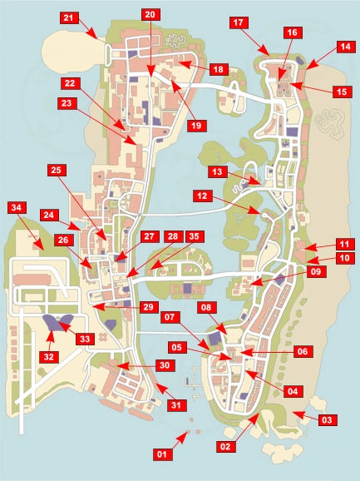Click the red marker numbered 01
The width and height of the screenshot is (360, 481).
point(162,454)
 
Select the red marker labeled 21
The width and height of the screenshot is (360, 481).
point(69,17)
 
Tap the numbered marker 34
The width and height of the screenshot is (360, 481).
point(17,206)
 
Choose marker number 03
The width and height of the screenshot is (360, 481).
point(327,420)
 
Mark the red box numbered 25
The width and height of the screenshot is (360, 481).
point(56,170)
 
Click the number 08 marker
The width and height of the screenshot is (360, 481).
point(205,306)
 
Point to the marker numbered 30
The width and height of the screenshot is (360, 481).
point(165,365)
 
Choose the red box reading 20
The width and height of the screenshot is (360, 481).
point(149,14)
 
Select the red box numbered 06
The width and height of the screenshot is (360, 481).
point(303,352)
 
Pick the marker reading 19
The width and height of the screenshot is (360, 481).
point(196,126)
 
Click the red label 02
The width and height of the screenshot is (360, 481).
point(223,446)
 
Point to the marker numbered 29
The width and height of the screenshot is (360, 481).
point(148,307)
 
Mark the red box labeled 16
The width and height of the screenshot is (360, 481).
point(291,32)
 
